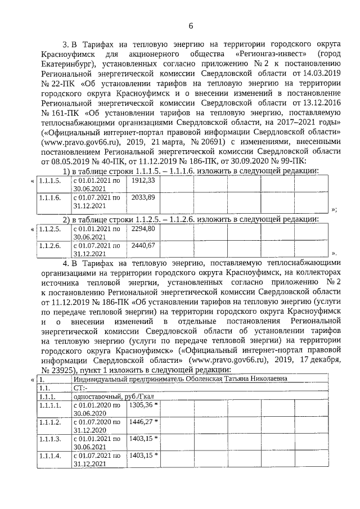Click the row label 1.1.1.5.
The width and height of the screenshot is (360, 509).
[x=49, y=180]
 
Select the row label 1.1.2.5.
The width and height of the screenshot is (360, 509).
[x=49, y=229]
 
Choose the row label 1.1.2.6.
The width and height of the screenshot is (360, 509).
[x=49, y=246]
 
